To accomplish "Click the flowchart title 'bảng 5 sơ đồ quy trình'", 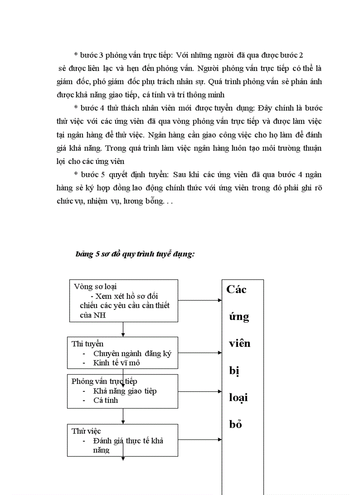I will click(x=135, y=255).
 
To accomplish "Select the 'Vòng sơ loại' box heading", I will click(x=95, y=287).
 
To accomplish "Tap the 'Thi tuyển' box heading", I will click(x=88, y=344).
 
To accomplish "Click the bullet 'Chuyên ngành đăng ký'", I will click(x=132, y=354).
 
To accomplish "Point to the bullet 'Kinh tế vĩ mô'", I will click(x=116, y=363).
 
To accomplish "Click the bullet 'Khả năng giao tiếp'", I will click(x=125, y=391).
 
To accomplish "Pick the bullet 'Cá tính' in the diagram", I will click(x=105, y=400).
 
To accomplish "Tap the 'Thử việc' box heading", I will click(x=86, y=431).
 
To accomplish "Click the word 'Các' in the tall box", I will click(x=236, y=290).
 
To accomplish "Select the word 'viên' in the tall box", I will click(x=240, y=343).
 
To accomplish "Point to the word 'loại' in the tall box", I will click(x=238, y=398).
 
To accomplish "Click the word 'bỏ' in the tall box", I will click(x=236, y=425).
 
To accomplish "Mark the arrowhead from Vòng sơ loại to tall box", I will click(x=219, y=301).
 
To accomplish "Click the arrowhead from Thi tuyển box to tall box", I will click(x=219, y=353).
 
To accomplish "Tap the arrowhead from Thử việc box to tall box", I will click(x=219, y=439).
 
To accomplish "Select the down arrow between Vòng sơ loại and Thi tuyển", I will click(x=123, y=334).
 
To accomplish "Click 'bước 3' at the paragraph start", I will click(x=91, y=55).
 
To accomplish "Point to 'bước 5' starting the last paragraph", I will click(x=91, y=174).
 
